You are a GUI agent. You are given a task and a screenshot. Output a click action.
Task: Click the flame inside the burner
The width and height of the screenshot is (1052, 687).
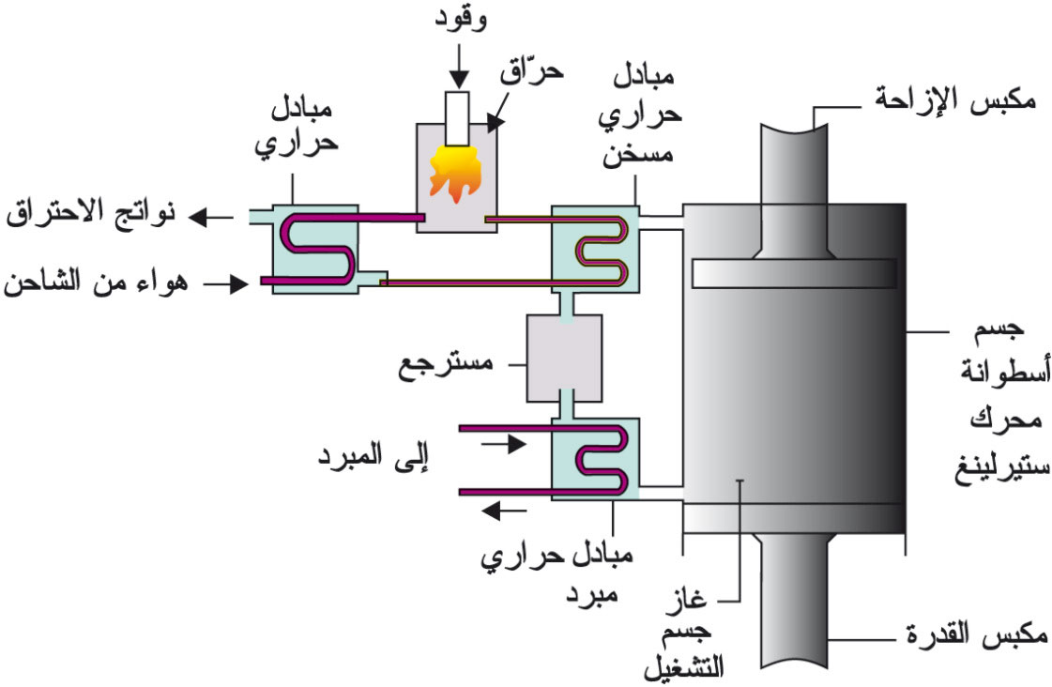click(x=456, y=173)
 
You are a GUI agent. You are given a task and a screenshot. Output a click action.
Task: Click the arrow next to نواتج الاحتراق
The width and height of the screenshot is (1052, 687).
click(x=210, y=218)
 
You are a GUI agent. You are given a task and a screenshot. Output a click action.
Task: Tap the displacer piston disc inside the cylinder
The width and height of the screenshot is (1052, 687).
click(x=792, y=272)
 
